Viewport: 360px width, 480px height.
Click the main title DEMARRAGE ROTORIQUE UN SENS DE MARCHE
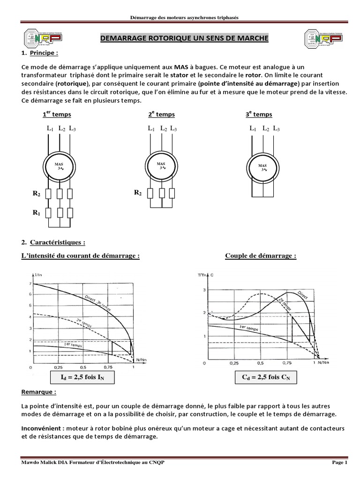[x=185, y=37]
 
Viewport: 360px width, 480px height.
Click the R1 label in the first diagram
[x=36, y=212]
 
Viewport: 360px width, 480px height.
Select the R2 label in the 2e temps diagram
[x=137, y=193]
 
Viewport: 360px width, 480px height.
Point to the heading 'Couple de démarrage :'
[x=261, y=256]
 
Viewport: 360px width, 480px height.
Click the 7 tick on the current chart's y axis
[x=30, y=284]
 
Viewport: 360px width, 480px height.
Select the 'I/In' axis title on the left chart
[x=37, y=273]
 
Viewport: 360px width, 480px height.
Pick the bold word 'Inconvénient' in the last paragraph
[x=42, y=428]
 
